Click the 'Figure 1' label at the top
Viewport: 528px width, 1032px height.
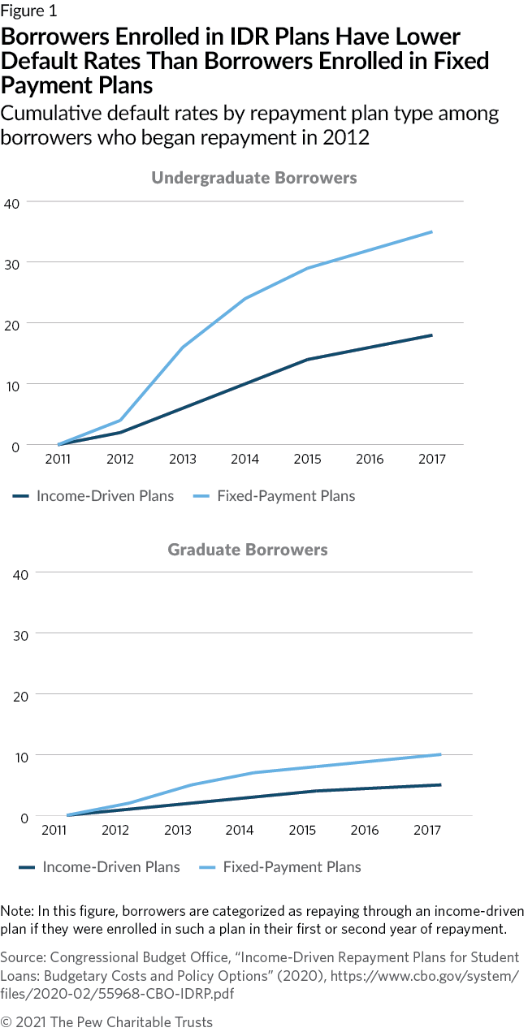click(28, 11)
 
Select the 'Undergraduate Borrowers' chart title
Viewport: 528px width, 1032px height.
click(253, 178)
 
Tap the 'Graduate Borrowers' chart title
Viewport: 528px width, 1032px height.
click(248, 550)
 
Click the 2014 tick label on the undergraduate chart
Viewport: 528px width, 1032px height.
click(245, 460)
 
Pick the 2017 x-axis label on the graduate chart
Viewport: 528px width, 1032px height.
click(427, 831)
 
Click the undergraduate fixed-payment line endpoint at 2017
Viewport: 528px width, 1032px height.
click(431, 231)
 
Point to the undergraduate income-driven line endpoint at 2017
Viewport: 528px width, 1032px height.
click(431, 335)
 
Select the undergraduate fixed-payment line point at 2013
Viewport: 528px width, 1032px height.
click(183, 347)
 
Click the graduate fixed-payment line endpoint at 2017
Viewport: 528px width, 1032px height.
click(440, 754)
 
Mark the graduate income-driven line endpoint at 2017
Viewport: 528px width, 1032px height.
click(440, 784)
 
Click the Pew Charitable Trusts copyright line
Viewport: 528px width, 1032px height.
click(106, 1021)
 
